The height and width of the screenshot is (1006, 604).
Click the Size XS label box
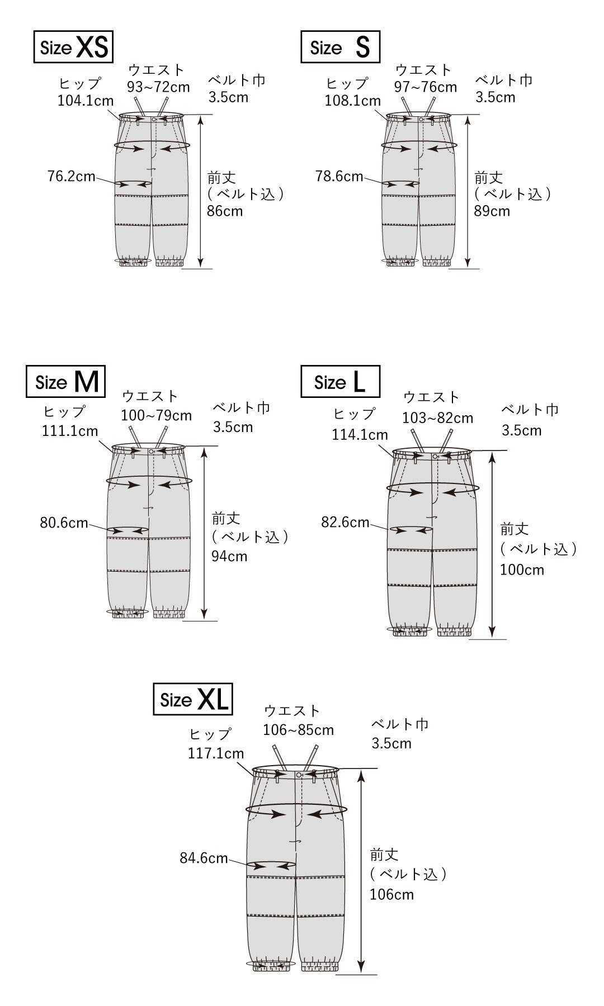[x=73, y=47]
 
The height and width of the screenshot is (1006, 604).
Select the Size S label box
[x=340, y=47]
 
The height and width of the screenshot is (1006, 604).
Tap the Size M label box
[x=66, y=382]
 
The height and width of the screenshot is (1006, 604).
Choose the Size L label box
[x=340, y=382]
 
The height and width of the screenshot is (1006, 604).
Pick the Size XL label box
[x=193, y=699]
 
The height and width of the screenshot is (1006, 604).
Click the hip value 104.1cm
[x=86, y=101]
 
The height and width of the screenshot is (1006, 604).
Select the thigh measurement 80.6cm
[x=64, y=523]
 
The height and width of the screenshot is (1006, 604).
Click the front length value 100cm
[x=522, y=570]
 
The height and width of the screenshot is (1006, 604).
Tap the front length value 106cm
[x=391, y=894]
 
